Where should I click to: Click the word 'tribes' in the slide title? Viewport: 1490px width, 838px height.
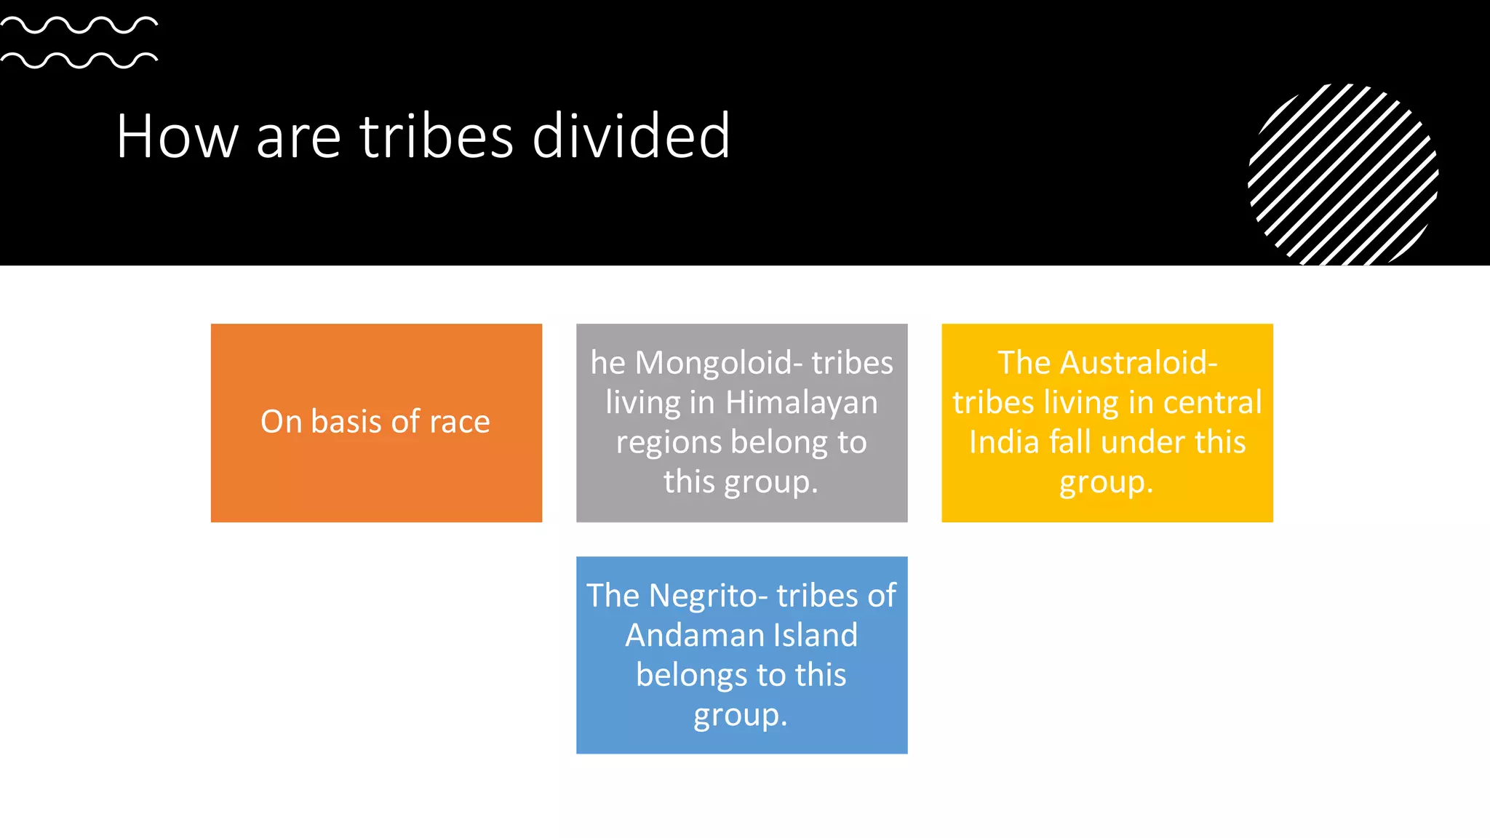(437, 136)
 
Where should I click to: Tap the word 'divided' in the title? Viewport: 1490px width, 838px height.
(631, 136)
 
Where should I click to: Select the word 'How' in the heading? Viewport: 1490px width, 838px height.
(177, 136)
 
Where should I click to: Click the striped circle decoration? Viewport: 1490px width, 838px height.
(1343, 175)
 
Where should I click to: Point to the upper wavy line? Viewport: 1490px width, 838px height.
(79, 25)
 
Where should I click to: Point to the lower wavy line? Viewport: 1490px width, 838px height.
(79, 60)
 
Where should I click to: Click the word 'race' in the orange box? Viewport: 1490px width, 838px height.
(460, 422)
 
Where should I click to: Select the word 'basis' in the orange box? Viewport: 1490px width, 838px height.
(346, 422)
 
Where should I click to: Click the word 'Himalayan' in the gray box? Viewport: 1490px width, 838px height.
(801, 402)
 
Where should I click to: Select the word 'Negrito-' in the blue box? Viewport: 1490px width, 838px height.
(707, 595)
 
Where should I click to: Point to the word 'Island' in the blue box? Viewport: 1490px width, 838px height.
(815, 635)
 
